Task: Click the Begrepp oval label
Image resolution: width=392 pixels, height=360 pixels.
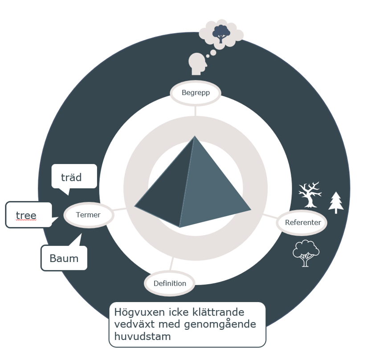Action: [x=196, y=93]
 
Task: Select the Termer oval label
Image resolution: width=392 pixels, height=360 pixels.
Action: [x=88, y=215]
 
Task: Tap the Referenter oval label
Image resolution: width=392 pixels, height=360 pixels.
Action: [x=302, y=222]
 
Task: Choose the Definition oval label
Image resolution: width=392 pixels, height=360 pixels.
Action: [x=170, y=283]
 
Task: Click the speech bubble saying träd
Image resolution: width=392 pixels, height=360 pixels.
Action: [x=73, y=177]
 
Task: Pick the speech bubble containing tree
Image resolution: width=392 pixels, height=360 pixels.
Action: [x=28, y=215]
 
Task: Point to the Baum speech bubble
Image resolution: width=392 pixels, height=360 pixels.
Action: [x=64, y=258]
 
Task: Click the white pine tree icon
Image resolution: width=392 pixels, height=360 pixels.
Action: [x=336, y=203]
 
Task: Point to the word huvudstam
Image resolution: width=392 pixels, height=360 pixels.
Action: [x=143, y=336]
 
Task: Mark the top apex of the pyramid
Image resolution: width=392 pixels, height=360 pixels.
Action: [x=195, y=136]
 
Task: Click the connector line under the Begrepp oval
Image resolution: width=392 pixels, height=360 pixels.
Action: [x=195, y=110]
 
